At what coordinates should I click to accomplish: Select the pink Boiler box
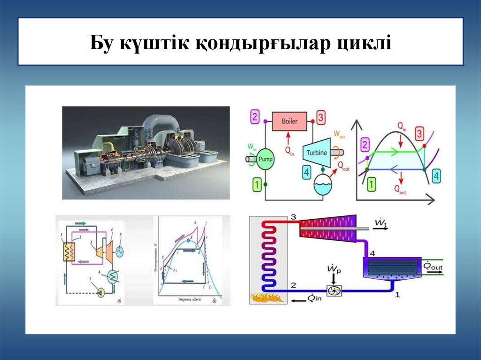[x=289, y=121]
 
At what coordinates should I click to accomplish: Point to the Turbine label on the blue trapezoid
[x=318, y=152]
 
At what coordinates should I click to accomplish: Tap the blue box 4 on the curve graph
[x=436, y=176]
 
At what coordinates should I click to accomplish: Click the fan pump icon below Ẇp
[x=335, y=291]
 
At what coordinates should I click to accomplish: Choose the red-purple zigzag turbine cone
[x=328, y=228]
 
